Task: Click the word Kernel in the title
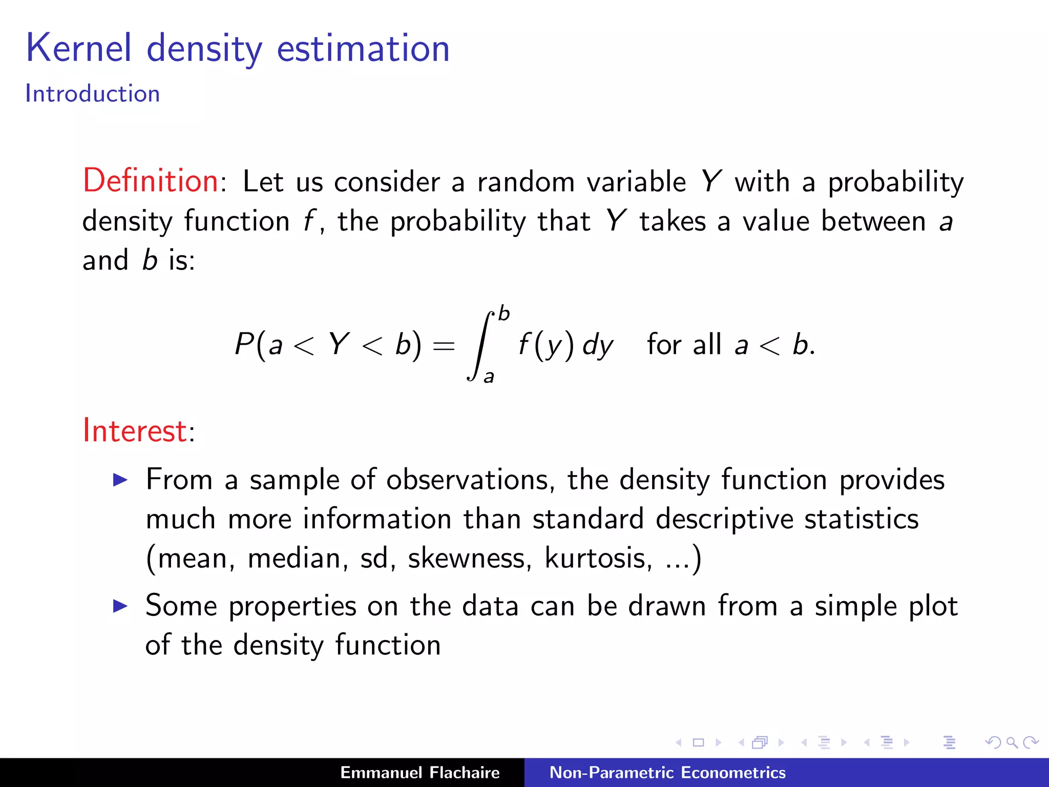coord(79,48)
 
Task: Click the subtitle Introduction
coord(93,94)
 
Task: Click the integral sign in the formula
coord(480,346)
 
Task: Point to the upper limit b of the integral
coord(504,313)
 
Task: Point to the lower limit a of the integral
coord(489,377)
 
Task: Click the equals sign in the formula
coord(444,346)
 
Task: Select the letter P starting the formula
coord(244,343)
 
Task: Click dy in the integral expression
coord(597,345)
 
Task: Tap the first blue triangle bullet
coord(120,480)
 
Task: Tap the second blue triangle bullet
coord(120,606)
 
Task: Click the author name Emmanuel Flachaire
coord(420,772)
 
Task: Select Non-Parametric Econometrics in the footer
coord(667,772)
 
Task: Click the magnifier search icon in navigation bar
coord(1012,742)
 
